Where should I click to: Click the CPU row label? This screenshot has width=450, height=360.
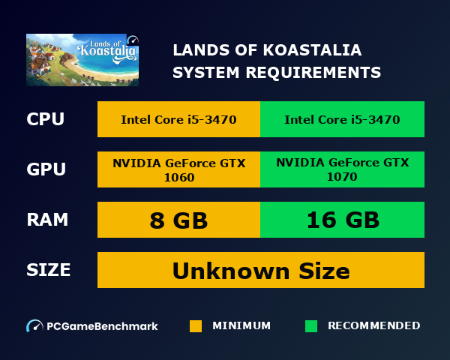(x=45, y=119)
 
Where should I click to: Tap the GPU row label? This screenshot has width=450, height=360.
(x=45, y=169)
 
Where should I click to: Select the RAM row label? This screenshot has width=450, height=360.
(x=47, y=220)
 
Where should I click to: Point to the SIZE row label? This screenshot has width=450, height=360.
(x=49, y=270)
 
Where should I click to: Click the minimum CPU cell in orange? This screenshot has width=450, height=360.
(x=178, y=119)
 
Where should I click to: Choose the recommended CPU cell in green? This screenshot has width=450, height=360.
(x=342, y=119)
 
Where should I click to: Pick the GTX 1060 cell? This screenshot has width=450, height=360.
(x=178, y=169)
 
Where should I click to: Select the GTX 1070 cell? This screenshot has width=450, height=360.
(x=342, y=169)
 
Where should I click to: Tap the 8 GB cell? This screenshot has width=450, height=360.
(x=178, y=220)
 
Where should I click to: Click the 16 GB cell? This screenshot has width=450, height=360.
(x=342, y=220)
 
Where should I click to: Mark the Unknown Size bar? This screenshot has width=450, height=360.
(x=261, y=270)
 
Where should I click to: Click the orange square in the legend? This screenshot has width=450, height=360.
(x=196, y=326)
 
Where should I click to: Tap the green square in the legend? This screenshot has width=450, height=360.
(x=311, y=326)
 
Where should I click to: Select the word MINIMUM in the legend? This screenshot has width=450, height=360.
(x=241, y=326)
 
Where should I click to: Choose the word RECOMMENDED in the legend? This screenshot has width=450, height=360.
(x=374, y=326)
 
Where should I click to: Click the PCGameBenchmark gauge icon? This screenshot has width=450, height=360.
(x=34, y=326)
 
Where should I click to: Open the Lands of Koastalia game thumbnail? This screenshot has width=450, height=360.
(x=82, y=60)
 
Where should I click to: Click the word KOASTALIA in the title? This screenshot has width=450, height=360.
(x=315, y=50)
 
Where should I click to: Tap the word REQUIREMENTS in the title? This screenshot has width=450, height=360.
(x=323, y=73)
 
